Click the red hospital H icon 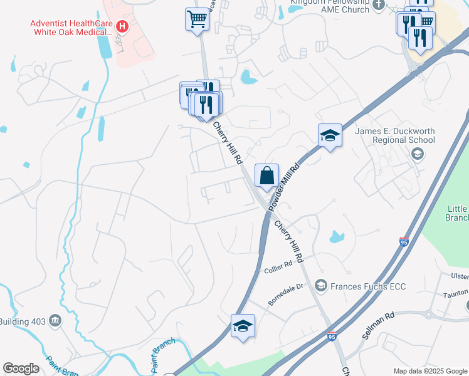[123, 27]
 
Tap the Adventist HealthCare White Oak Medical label [71, 28]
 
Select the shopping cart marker [198, 19]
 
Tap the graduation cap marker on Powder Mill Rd [330, 135]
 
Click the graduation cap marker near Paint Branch [243, 326]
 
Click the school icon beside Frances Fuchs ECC [321, 286]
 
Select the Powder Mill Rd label [285, 185]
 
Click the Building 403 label [23, 321]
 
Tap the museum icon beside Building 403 [56, 321]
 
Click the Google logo [21, 368]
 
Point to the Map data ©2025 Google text [430, 371]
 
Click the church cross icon [378, 6]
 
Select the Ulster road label [460, 276]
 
